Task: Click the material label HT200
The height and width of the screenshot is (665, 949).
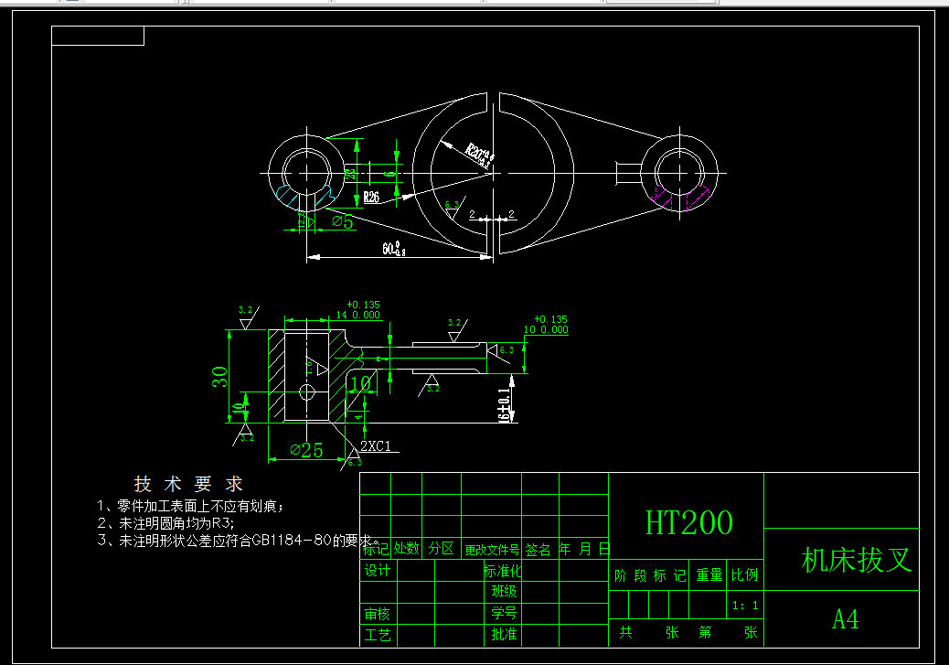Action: (x=688, y=522)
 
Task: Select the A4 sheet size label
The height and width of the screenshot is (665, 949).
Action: (x=845, y=619)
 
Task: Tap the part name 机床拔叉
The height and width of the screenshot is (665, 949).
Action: (x=857, y=560)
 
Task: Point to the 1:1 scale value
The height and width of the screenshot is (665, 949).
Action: (x=745, y=605)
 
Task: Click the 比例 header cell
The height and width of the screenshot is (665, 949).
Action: (x=744, y=575)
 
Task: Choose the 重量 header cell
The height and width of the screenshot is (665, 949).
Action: (x=709, y=575)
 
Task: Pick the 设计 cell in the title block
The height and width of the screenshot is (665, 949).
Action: (x=378, y=571)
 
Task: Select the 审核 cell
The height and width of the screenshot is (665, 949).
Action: (x=378, y=615)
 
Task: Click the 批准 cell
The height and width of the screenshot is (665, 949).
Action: (x=504, y=634)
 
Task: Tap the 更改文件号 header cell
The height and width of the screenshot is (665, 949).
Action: (x=491, y=550)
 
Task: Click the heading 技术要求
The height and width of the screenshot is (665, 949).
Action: (x=188, y=484)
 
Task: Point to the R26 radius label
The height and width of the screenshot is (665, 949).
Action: (x=371, y=197)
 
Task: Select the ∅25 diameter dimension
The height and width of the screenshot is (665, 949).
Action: (x=306, y=450)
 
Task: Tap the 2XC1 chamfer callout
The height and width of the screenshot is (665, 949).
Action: (x=375, y=445)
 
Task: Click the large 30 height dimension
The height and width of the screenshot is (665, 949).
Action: (x=220, y=376)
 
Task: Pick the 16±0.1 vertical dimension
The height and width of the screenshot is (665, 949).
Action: (x=503, y=402)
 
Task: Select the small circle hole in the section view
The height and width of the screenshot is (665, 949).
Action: (x=305, y=392)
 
